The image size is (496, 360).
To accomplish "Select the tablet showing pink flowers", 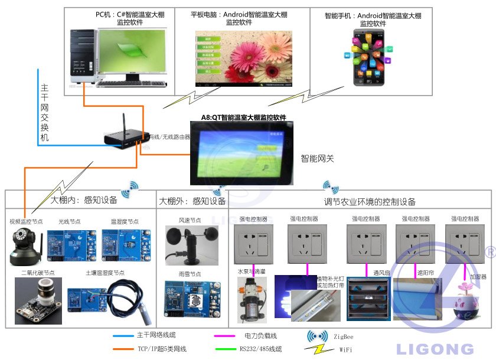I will [x=244, y=60].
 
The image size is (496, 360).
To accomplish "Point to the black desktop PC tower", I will [x=82, y=56].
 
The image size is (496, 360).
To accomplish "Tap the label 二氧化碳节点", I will [x=38, y=273].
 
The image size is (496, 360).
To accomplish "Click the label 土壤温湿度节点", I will [x=105, y=273].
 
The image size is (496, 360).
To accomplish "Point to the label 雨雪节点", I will [x=190, y=274].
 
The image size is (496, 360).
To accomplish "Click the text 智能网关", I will [x=317, y=158].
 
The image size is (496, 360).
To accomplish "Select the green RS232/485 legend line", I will [x=229, y=349].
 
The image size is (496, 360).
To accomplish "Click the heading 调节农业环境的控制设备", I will [x=370, y=202].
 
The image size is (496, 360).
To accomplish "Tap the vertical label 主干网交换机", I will [x=45, y=113].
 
